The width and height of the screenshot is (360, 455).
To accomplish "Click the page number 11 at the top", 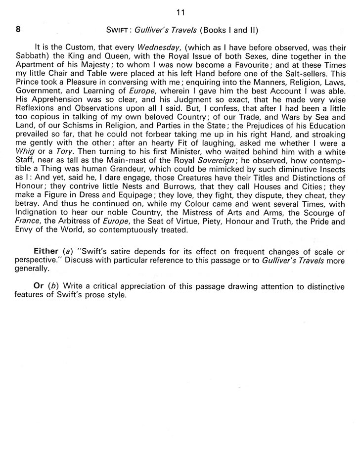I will [x=180, y=11].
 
